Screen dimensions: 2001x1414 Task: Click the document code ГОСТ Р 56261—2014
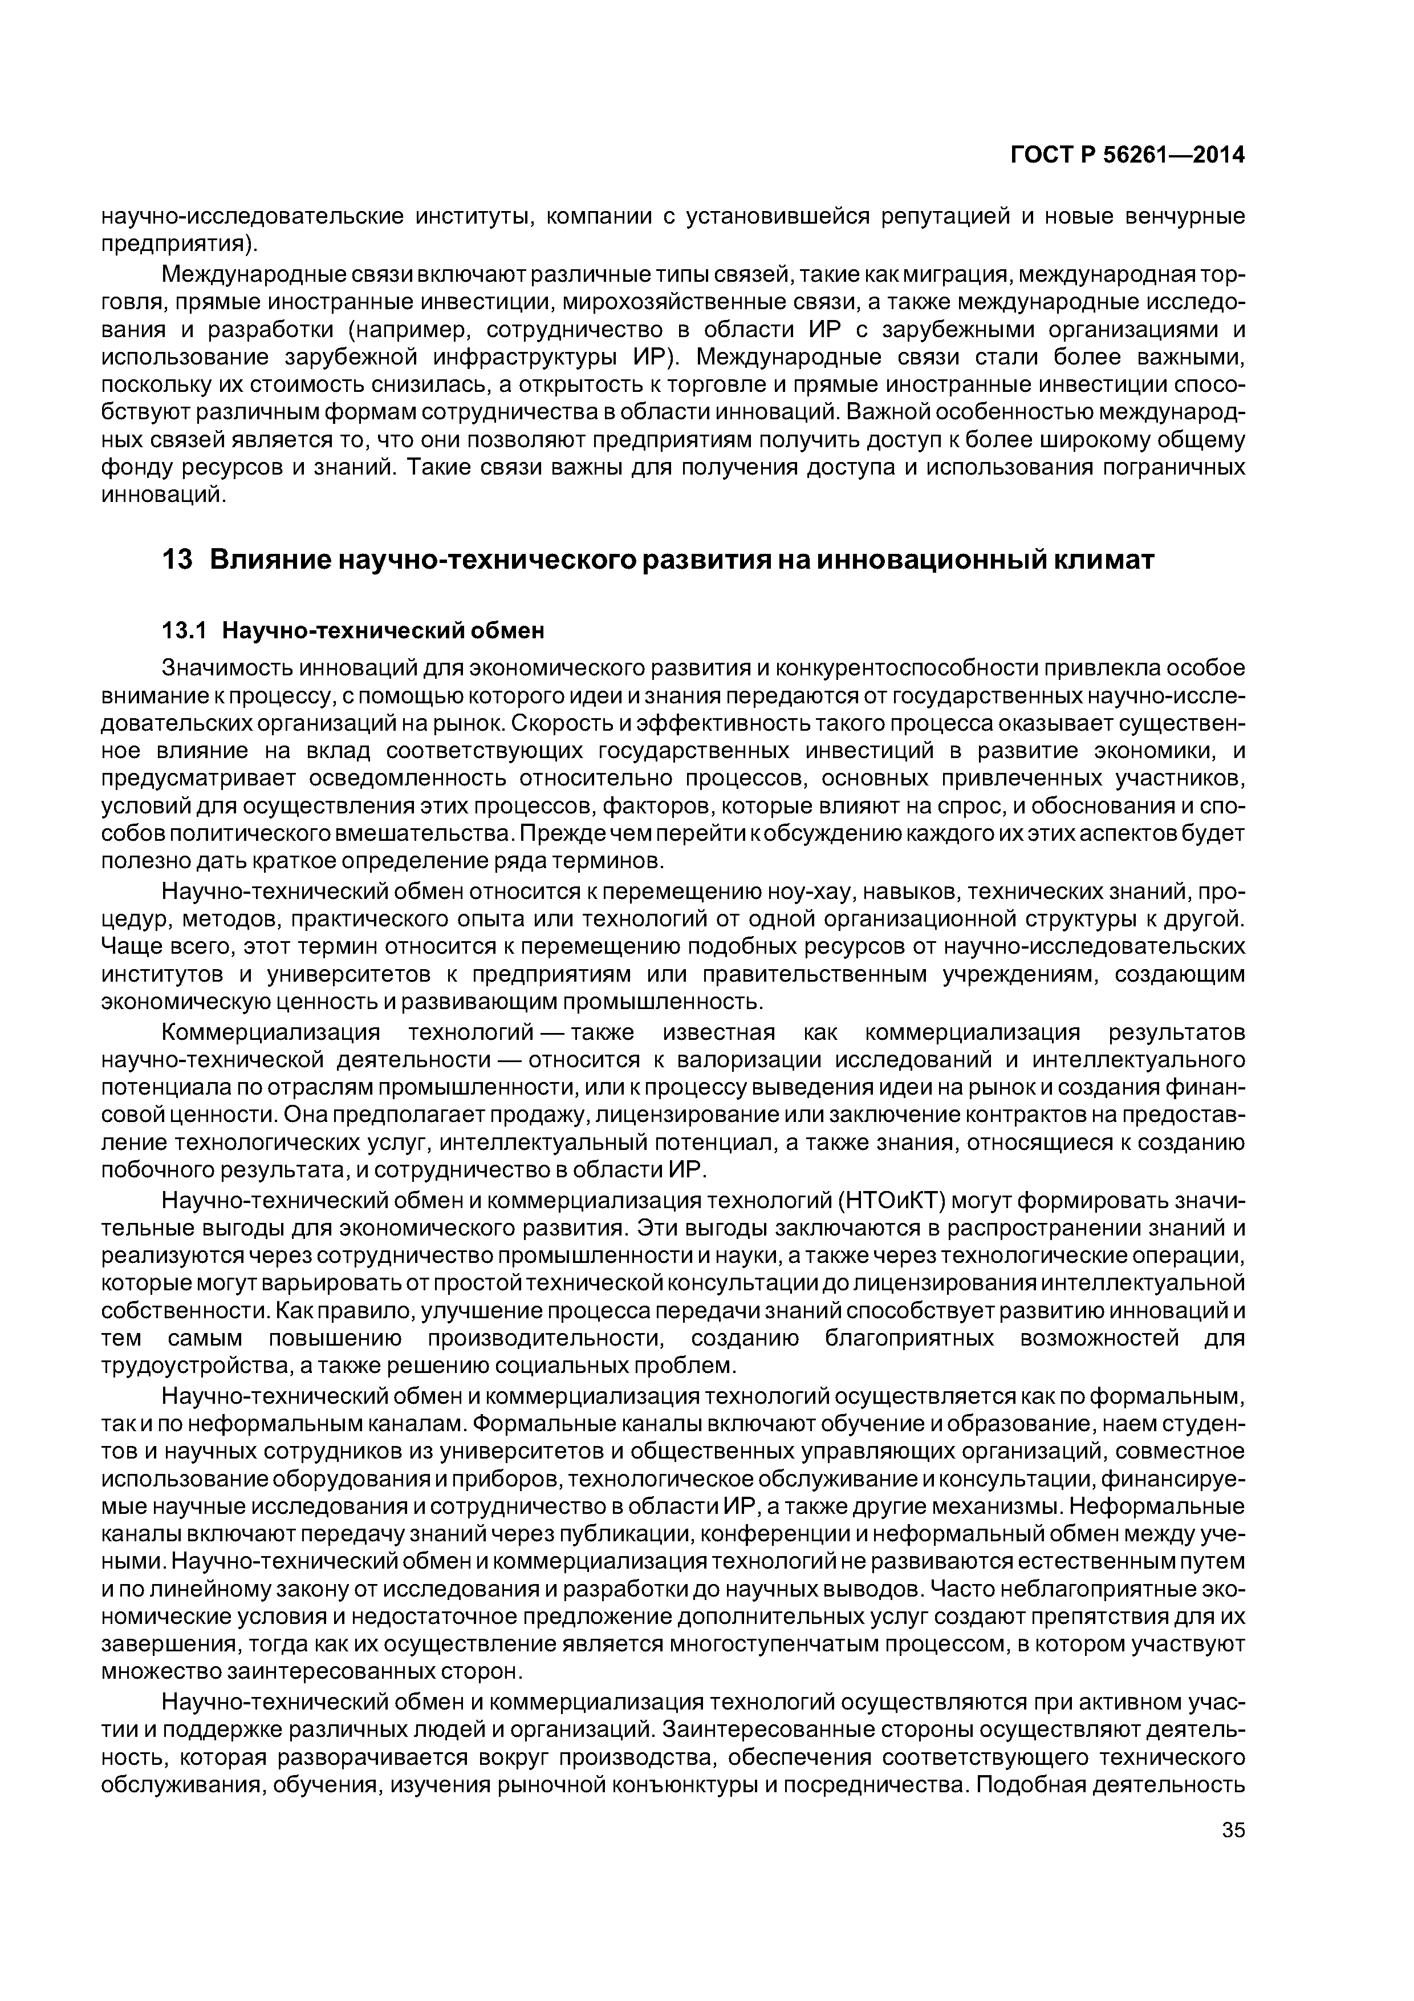1127,154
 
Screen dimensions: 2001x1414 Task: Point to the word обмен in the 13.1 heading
507,629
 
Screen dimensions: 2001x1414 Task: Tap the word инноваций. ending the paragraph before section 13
164,496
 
